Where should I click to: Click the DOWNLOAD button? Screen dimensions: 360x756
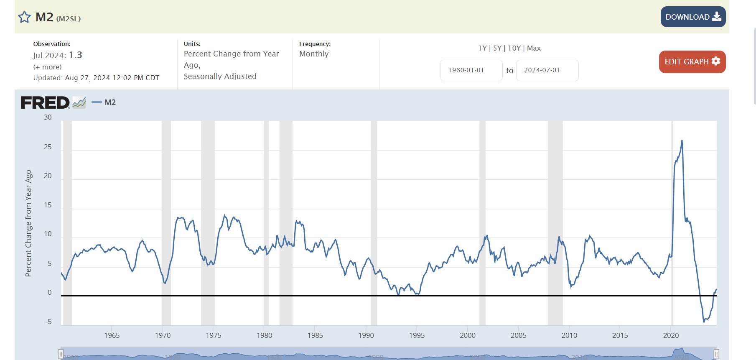pos(692,17)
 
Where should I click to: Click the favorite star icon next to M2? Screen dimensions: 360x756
pos(24,17)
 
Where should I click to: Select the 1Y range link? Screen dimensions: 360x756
pos(482,48)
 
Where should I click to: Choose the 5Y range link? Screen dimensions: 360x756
pos(497,48)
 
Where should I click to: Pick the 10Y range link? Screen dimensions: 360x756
pos(514,48)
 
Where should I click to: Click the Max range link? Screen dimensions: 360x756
pos(534,48)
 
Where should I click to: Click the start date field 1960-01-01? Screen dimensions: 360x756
pos(471,70)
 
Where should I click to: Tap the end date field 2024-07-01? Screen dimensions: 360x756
pos(547,70)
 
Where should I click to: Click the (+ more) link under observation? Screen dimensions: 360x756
pos(47,67)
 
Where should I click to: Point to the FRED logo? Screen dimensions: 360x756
pos(45,102)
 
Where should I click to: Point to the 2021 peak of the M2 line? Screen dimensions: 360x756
pos(682,140)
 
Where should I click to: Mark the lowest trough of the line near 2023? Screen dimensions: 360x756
pos(704,321)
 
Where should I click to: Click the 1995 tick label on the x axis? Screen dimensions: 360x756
pos(416,335)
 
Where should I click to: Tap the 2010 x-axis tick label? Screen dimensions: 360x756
pos(569,335)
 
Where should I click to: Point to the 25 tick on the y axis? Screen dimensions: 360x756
pos(48,147)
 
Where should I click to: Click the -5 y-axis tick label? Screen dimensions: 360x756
pos(48,322)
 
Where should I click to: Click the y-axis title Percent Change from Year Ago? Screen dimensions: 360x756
pos(28,223)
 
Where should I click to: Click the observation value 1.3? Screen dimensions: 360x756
pos(76,55)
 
